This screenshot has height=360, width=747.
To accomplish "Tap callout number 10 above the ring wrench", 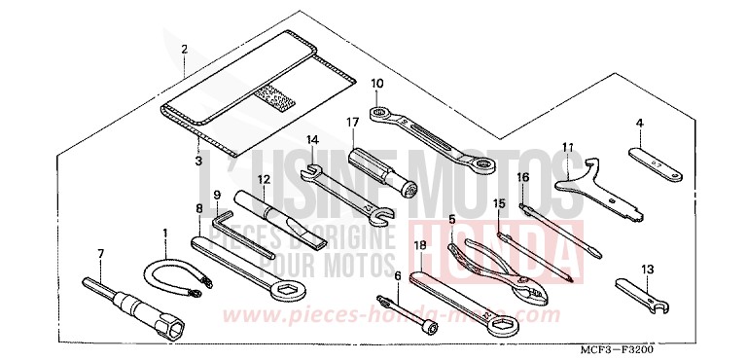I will coord(376,83).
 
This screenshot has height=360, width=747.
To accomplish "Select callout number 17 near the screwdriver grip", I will coord(351,123).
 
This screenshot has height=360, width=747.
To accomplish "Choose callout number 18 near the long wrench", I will coord(419,245).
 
